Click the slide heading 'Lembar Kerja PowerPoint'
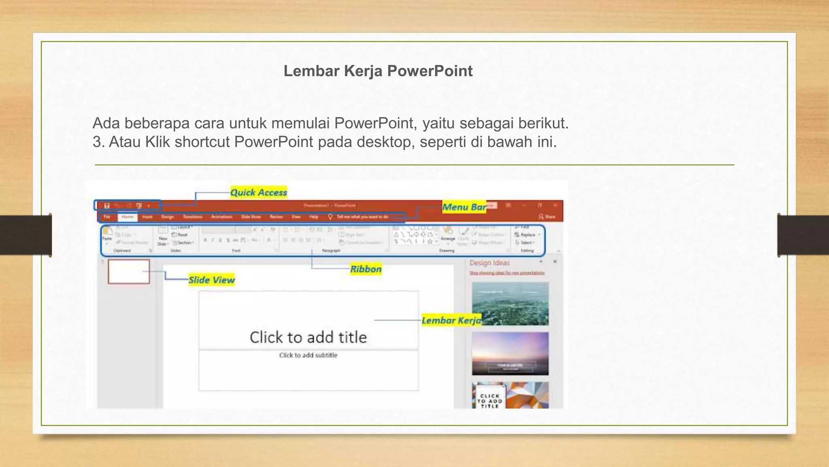coord(378,71)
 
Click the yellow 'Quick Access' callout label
coord(259,193)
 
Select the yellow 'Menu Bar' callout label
coord(464,207)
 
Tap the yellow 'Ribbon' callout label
coord(366,269)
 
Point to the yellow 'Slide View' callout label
coord(211,280)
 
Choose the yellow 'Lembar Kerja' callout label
coord(451,321)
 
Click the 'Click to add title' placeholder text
coord(308,337)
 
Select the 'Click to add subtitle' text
coord(308,356)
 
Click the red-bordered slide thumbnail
coord(129,272)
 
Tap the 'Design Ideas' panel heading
coord(489,263)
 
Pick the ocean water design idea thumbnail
coord(510,304)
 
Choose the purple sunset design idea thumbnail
coord(510,353)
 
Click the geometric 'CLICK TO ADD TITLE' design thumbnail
coord(510,395)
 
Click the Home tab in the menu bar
coord(128,217)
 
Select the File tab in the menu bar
coord(107,217)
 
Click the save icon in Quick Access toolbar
coord(107,206)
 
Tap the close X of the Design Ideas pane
coord(555,262)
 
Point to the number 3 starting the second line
coord(97,142)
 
